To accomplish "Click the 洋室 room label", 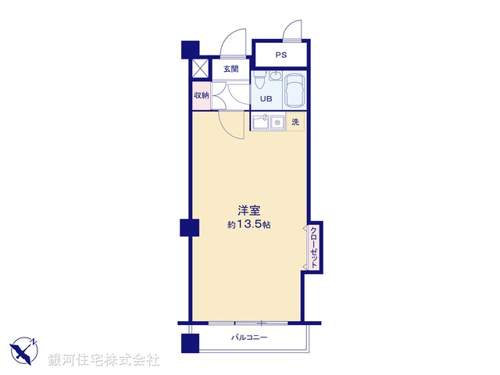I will coord(249,210).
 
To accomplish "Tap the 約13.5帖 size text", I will coord(249,225).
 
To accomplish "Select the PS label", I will coord(280,55).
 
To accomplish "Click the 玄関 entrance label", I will coord(231,70).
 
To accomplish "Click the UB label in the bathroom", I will coord(266,99).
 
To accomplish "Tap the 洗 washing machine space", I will coord(295,122).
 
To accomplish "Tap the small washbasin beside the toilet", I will coord(274,76).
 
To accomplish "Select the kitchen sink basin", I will coord(260,123).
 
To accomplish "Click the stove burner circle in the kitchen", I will coord(277,123).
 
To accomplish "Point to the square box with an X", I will coord(201,68).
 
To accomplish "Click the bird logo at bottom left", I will coord(23,351).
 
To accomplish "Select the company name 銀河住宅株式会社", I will coord(105,360).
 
